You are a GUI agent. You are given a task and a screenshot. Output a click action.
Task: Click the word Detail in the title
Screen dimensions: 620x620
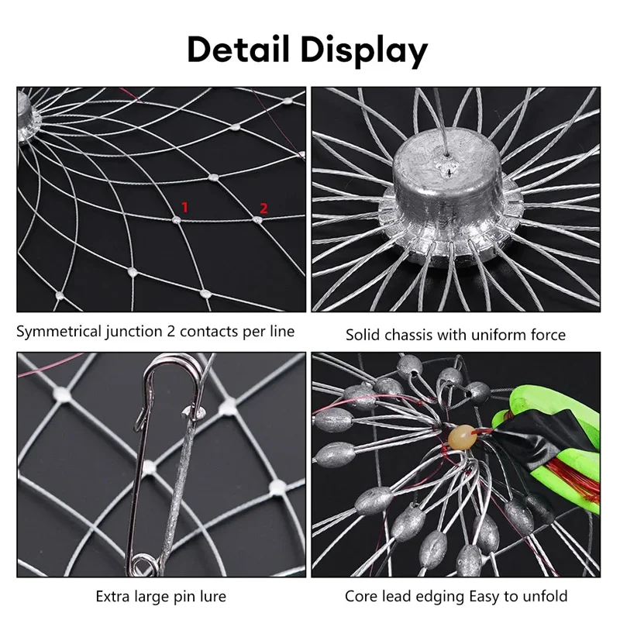(239, 50)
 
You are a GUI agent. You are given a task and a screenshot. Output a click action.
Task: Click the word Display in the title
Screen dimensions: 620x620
(364, 51)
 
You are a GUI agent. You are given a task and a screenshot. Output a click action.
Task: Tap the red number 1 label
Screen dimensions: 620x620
(184, 207)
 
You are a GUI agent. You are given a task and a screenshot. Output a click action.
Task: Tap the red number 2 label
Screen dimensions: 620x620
(263, 208)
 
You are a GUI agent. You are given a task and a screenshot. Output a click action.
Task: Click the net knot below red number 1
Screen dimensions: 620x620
(177, 219)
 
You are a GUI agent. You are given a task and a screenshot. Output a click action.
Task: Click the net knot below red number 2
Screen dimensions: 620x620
(257, 219)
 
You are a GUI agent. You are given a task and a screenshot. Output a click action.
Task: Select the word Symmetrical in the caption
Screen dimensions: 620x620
(59, 332)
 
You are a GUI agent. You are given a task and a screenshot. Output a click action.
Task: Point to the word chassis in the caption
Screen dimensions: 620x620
(408, 335)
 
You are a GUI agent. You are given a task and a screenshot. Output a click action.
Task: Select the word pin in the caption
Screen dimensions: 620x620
(183, 597)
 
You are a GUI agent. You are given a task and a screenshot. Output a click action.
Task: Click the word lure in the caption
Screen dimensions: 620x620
(211, 596)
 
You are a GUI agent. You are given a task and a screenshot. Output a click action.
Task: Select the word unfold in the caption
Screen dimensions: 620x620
(544, 596)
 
